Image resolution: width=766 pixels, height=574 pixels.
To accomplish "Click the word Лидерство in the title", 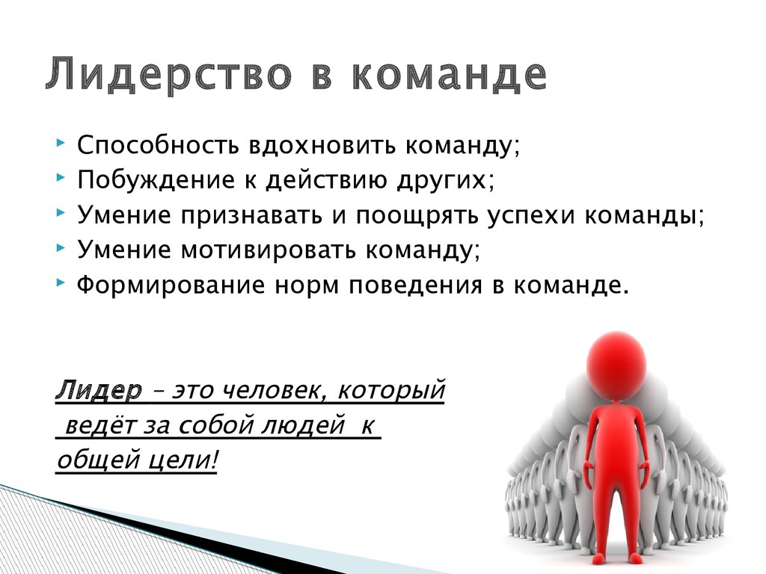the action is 168,74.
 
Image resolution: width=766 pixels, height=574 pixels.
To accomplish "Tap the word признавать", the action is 251,215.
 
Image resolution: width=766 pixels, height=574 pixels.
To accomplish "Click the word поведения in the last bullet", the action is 415,285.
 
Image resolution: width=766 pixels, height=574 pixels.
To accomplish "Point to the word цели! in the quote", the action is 186,460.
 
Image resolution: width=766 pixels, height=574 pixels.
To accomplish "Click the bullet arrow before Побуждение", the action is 61,178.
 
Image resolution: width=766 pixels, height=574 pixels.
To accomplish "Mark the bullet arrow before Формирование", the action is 61,282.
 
